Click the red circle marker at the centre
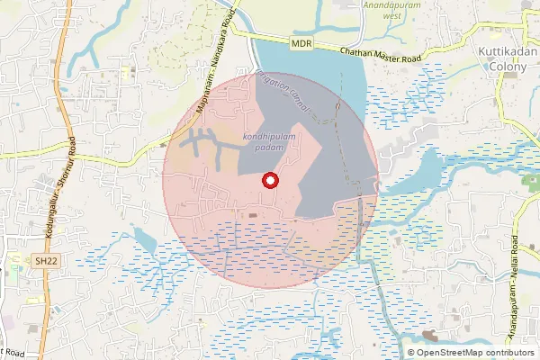coord(268,181)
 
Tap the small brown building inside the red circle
coord(253,214)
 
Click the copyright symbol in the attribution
coord(411,352)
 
